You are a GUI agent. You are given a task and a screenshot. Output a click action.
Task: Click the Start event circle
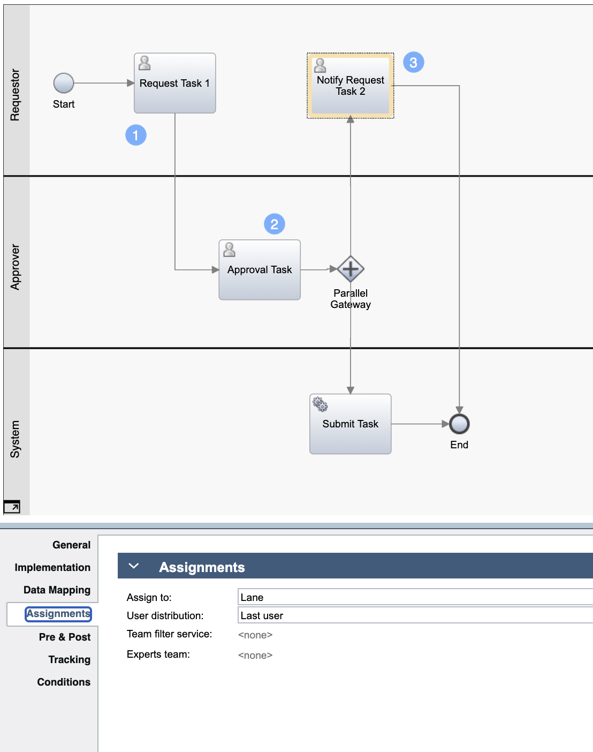(64, 84)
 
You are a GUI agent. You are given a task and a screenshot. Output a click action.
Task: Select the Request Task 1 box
(174, 84)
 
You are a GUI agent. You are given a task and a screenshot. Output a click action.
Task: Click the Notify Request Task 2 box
(350, 86)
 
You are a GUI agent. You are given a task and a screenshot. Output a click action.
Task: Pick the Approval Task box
(260, 270)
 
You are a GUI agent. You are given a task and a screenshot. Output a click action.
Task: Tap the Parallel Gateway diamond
(351, 269)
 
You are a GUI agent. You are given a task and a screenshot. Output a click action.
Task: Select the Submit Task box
(350, 424)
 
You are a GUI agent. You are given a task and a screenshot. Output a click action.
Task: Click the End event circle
(459, 424)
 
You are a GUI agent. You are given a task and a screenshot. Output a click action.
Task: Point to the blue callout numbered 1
(136, 135)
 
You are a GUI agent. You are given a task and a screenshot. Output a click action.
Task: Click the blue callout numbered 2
(275, 224)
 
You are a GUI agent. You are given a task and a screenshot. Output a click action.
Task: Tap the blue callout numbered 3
(413, 63)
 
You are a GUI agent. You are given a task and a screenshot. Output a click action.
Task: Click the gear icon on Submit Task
(320, 404)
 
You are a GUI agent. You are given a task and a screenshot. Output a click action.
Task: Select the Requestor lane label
(15, 95)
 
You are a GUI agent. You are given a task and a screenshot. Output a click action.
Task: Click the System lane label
(15, 439)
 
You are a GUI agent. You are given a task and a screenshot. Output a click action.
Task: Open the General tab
(71, 545)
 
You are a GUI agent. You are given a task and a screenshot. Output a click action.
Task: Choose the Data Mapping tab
(57, 590)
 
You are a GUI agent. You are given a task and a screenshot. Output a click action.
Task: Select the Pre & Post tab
(64, 637)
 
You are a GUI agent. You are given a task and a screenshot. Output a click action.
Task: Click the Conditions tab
(64, 682)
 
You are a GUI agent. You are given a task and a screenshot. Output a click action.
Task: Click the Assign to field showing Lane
(415, 597)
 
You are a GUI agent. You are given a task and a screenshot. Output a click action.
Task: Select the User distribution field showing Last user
(415, 615)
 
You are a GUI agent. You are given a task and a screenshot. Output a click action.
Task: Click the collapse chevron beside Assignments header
(134, 566)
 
